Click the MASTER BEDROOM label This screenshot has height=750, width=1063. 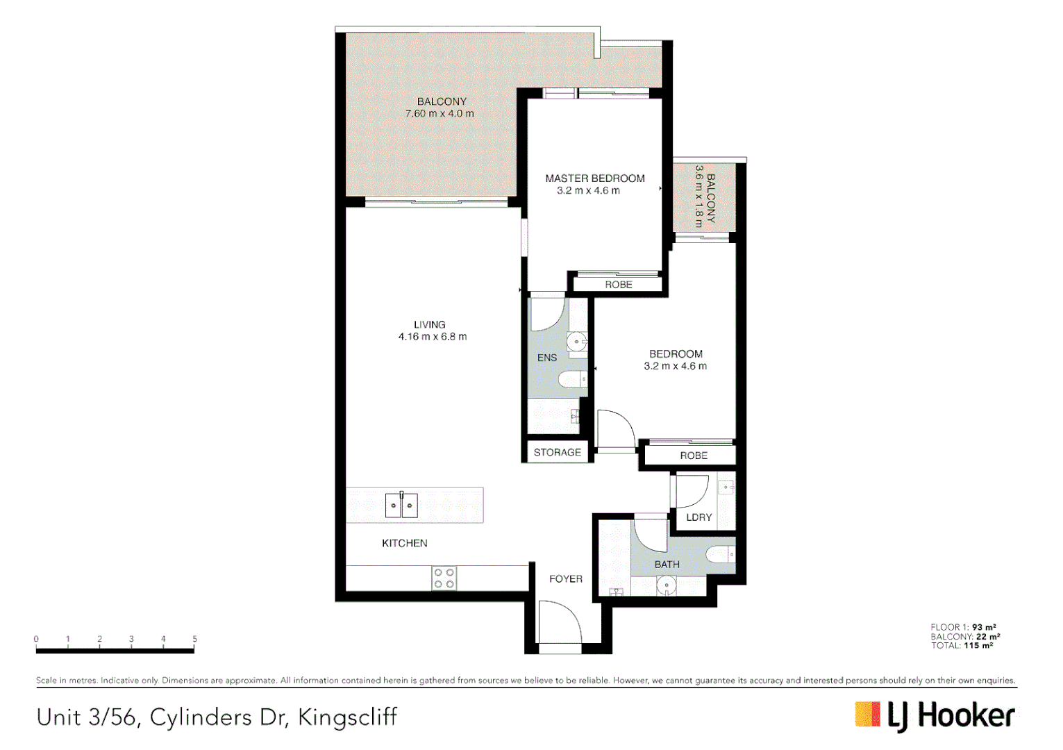pyautogui.click(x=595, y=178)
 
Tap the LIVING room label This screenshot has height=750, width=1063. pyautogui.click(x=430, y=324)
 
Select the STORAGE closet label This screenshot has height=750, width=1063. pyautogui.click(x=557, y=452)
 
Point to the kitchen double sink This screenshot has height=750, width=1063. pyautogui.click(x=401, y=505)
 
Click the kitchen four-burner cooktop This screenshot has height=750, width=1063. pyautogui.click(x=444, y=578)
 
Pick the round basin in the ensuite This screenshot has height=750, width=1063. pyautogui.click(x=576, y=342)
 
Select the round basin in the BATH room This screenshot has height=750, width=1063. pyautogui.click(x=666, y=587)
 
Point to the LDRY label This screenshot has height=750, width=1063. pyautogui.click(x=698, y=517)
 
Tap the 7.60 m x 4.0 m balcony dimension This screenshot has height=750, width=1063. pyautogui.click(x=440, y=114)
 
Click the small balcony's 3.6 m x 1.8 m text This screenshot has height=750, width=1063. pyautogui.click(x=699, y=196)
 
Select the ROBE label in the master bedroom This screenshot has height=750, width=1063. pyautogui.click(x=618, y=285)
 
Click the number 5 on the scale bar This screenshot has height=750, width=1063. pyautogui.click(x=194, y=639)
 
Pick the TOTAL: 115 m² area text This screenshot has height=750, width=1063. pyautogui.click(x=962, y=646)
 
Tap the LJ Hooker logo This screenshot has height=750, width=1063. pyautogui.click(x=935, y=716)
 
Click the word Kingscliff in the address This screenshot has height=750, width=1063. pyautogui.click(x=347, y=717)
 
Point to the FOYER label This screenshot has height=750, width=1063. pyautogui.click(x=566, y=578)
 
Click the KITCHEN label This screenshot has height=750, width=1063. pyautogui.click(x=405, y=543)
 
